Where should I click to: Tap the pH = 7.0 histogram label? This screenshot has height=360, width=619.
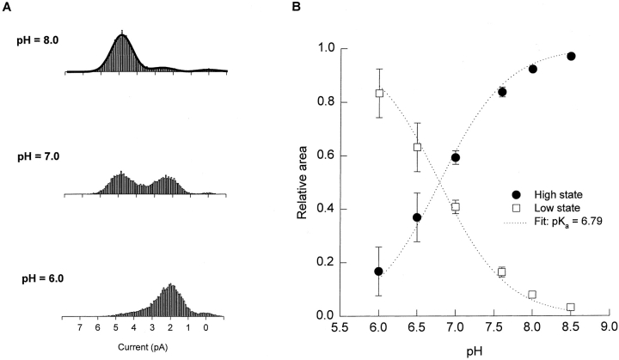[40, 157]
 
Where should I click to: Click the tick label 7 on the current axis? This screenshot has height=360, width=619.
[79, 327]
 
